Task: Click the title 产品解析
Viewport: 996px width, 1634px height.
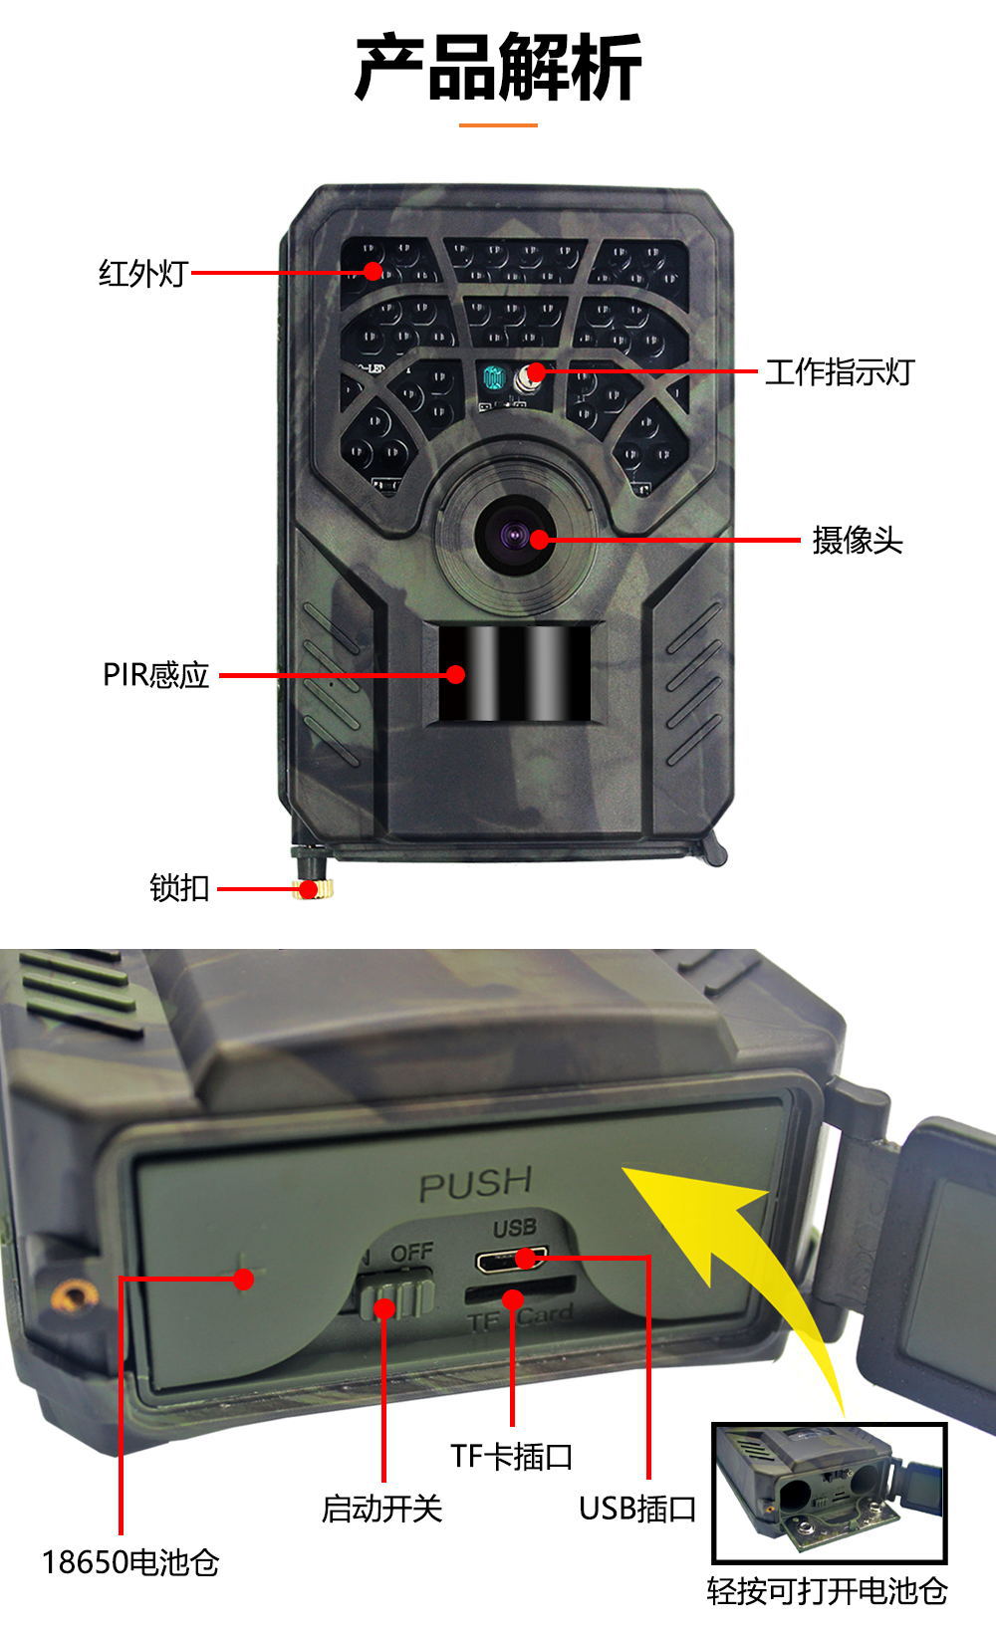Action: tap(498, 68)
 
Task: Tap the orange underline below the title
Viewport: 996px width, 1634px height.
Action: tap(498, 125)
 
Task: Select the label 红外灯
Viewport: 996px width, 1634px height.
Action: tap(142, 273)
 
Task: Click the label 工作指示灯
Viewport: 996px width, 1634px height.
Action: tap(839, 372)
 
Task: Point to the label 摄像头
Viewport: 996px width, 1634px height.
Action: tap(857, 541)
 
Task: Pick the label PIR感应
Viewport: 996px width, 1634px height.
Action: tap(156, 675)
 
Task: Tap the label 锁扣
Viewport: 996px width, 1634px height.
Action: tap(179, 887)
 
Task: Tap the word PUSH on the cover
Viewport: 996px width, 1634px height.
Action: tap(475, 1184)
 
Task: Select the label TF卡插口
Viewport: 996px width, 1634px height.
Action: tap(512, 1456)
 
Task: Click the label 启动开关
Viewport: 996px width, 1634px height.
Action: tap(381, 1509)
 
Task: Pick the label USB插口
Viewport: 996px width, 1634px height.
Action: tap(637, 1509)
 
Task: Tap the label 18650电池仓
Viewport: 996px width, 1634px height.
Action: tap(130, 1562)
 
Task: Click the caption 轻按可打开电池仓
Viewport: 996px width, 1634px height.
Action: tap(827, 1590)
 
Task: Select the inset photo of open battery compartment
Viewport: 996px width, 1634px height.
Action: tap(829, 1493)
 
